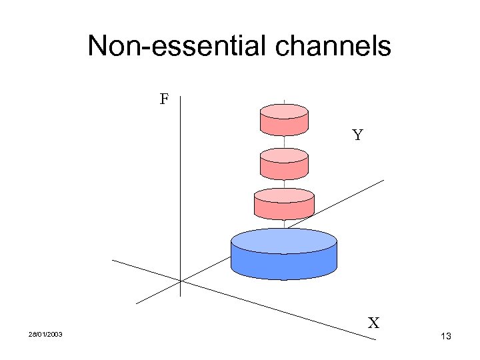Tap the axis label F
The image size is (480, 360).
(x=164, y=101)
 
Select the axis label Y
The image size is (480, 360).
(x=357, y=136)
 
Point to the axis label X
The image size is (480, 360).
(x=374, y=324)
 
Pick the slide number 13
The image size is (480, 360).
(x=446, y=337)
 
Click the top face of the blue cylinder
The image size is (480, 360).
(x=283, y=239)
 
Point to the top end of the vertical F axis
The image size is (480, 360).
(x=181, y=95)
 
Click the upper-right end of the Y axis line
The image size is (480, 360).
(x=384, y=180)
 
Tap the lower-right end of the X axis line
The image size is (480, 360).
(x=376, y=341)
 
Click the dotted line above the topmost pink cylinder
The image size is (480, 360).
(x=284, y=102)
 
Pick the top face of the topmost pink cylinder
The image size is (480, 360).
(x=283, y=111)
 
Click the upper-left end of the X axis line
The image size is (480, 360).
(x=112, y=259)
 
